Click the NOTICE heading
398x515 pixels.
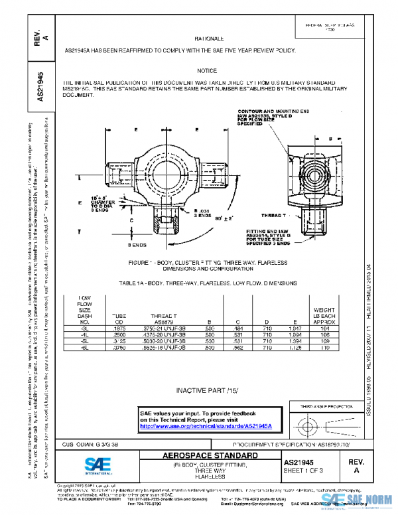point(207,70)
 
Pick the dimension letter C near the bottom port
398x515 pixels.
point(132,219)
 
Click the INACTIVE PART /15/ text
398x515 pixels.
point(207,390)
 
